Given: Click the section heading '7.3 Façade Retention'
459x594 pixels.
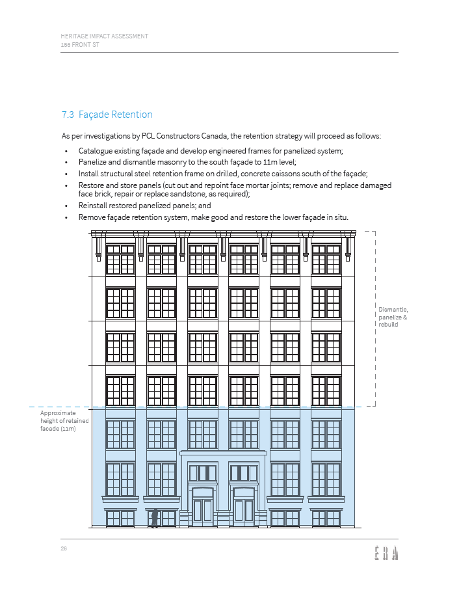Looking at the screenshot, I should (x=107, y=115).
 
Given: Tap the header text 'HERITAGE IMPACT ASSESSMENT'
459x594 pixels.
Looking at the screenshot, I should (x=104, y=36).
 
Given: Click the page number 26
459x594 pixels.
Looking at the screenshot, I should (x=64, y=549).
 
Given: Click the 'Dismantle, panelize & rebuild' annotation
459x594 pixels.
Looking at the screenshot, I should (x=393, y=317).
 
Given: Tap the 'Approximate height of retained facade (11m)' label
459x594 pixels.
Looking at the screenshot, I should (x=64, y=420).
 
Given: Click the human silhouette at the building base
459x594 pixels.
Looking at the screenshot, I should (x=155, y=518).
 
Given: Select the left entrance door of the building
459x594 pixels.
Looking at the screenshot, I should (x=202, y=507).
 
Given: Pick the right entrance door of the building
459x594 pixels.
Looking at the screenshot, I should (x=244, y=507).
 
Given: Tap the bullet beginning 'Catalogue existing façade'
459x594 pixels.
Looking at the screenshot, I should (x=211, y=151).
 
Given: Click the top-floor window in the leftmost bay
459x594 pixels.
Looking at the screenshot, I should (x=120, y=259).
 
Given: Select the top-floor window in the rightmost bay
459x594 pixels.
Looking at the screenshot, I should (x=326, y=259).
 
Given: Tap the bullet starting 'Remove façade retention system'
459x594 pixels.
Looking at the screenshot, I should (x=213, y=217).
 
